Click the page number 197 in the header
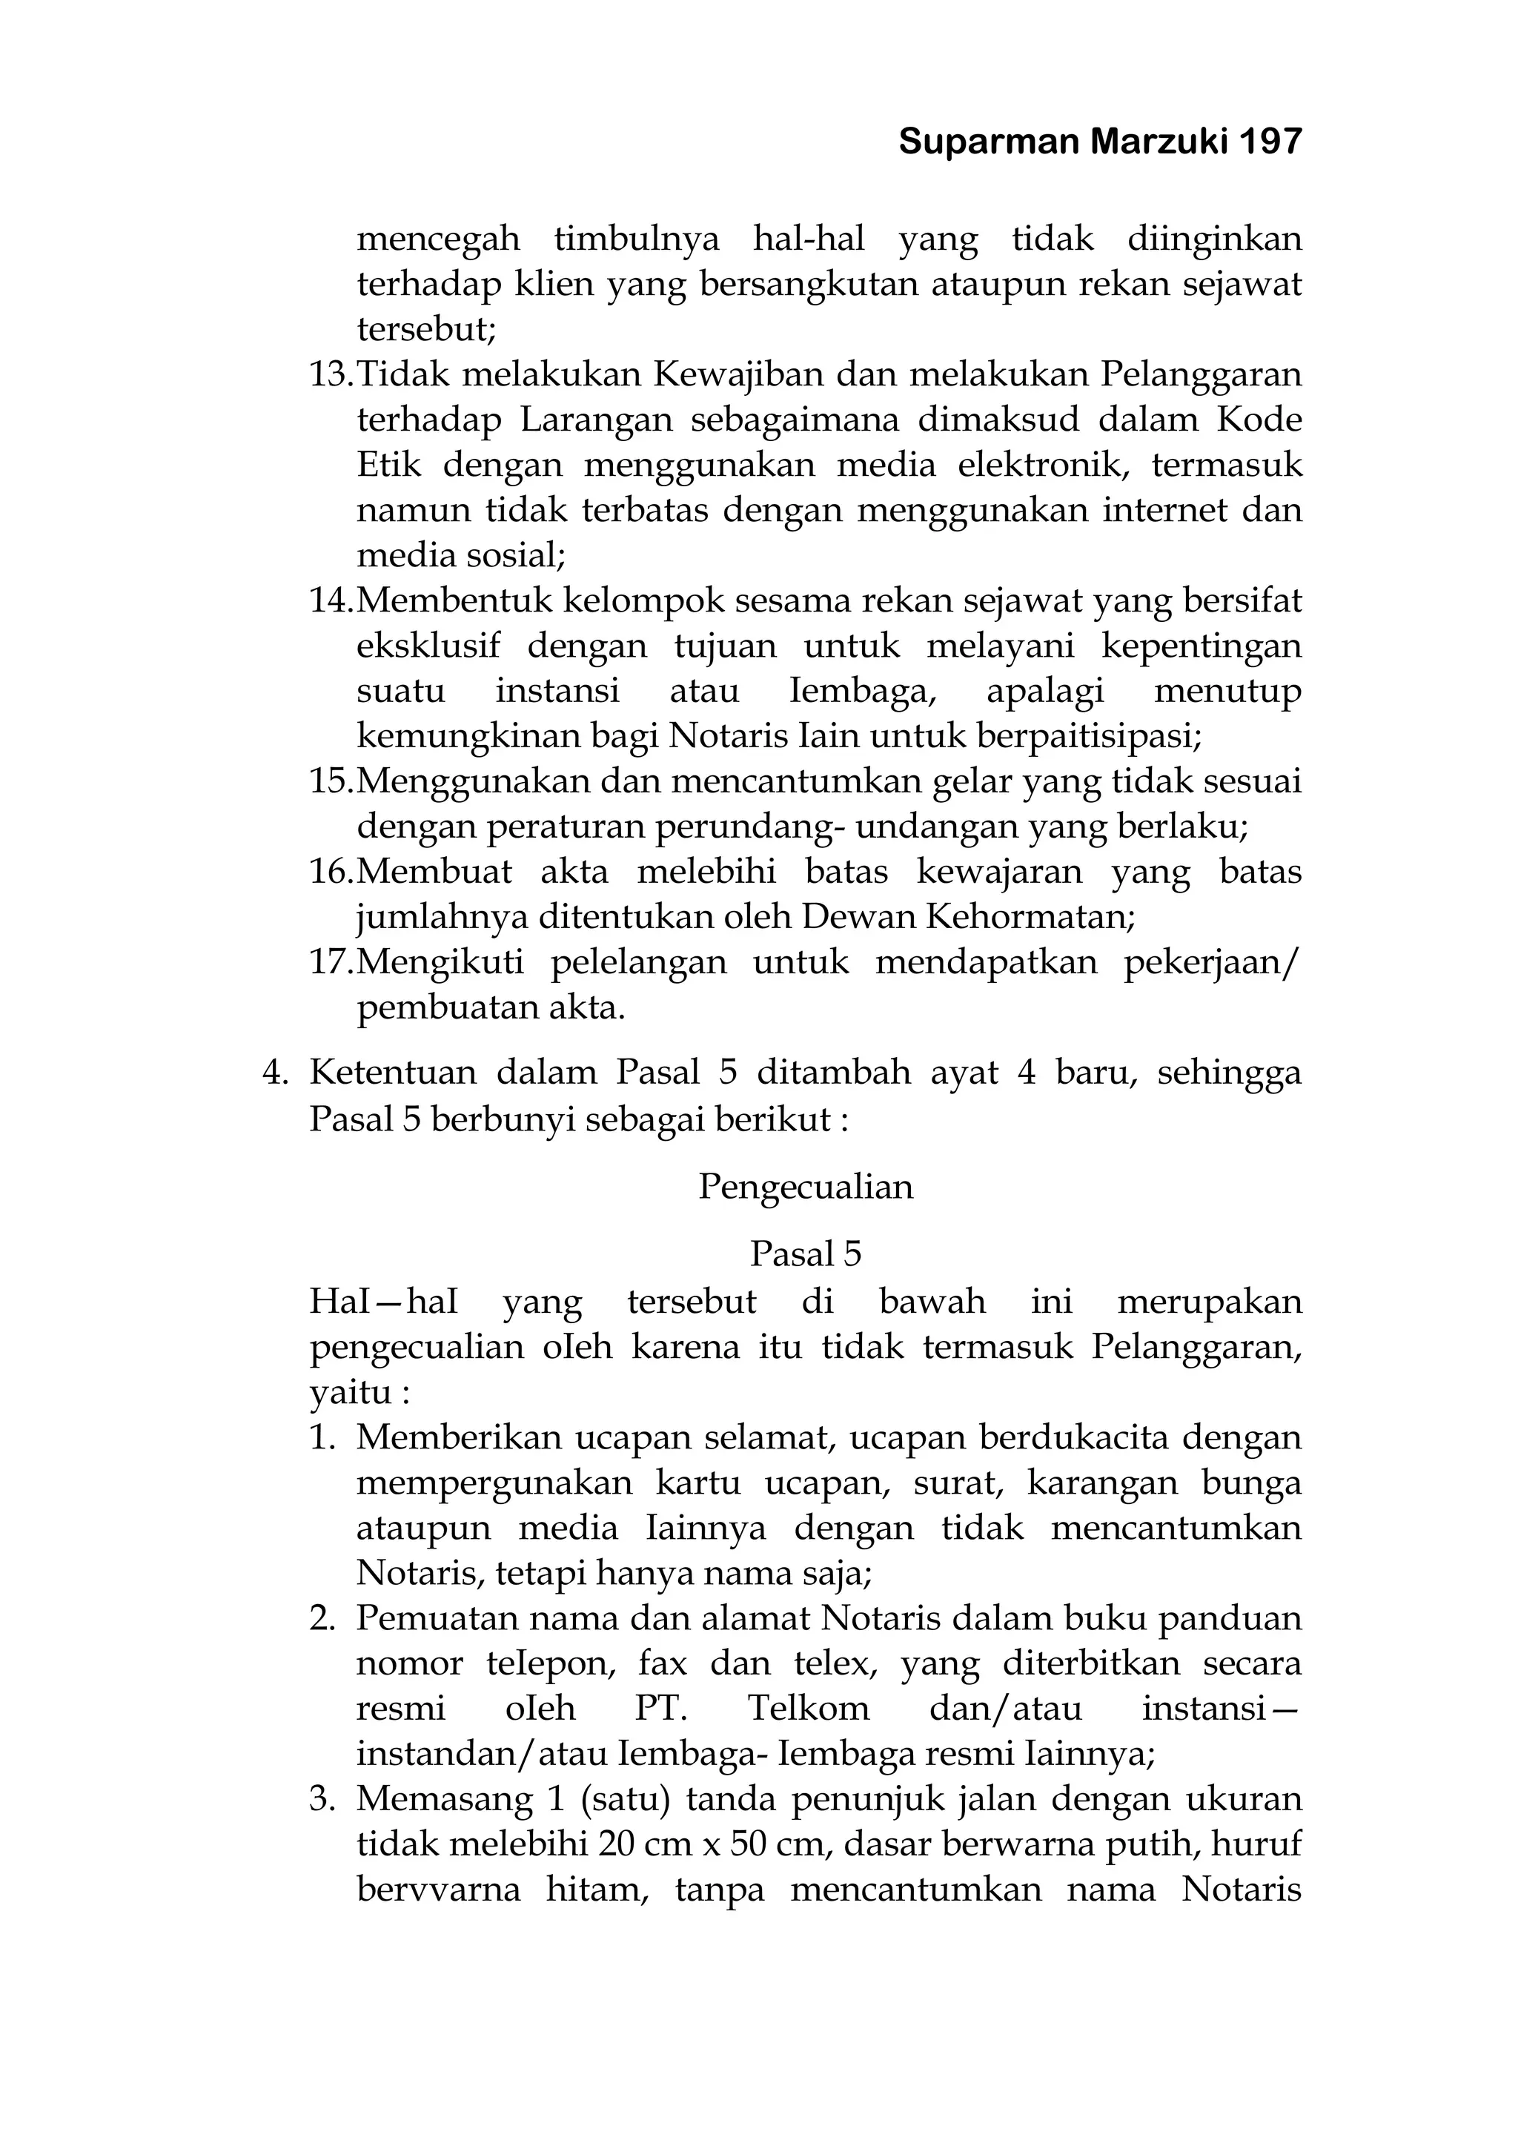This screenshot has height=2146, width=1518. pyautogui.click(x=1270, y=142)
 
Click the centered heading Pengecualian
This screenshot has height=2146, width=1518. pyautogui.click(x=806, y=1187)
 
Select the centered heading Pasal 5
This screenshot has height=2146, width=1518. pyautogui.click(x=806, y=1254)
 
